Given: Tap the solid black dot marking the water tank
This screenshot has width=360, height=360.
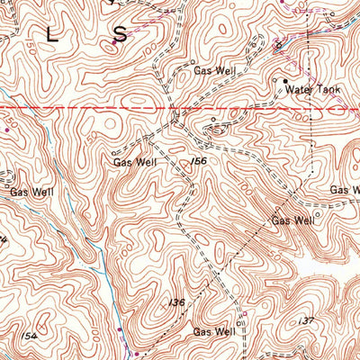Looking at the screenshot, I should [286, 83].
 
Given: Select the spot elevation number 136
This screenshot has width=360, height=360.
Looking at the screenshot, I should [176, 302].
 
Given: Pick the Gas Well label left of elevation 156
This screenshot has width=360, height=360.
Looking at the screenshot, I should [135, 163].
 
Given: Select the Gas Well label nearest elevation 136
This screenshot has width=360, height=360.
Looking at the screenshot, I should [213, 331].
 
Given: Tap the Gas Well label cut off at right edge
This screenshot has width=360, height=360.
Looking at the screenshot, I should [344, 190].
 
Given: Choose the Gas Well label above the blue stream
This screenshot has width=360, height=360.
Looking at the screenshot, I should [31, 192].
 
